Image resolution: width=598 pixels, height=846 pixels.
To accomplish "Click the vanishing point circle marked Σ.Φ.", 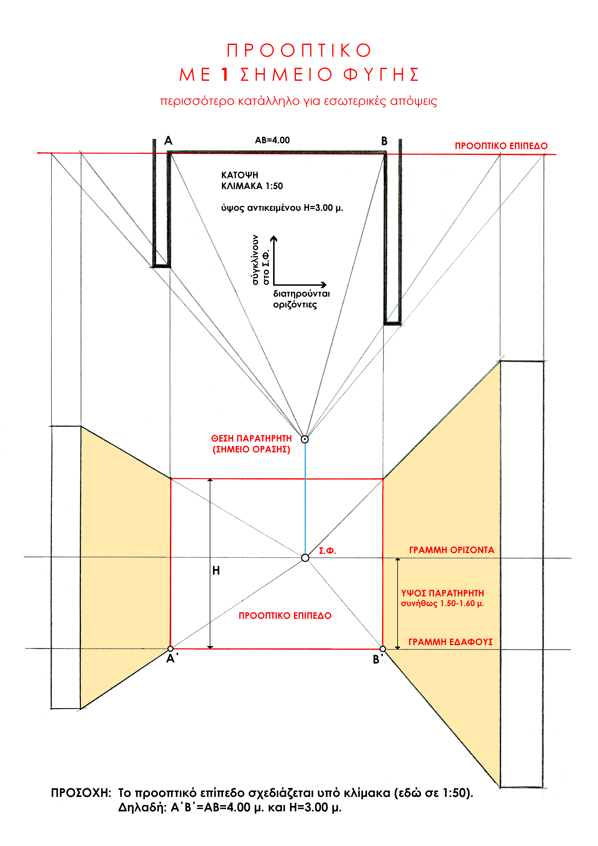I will tap(305, 557).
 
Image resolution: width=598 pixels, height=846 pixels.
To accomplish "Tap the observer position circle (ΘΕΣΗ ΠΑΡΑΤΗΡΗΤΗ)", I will tap(305, 439).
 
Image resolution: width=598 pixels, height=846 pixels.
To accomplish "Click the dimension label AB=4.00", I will tap(272, 140).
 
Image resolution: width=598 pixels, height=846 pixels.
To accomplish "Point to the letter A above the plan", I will tap(168, 141).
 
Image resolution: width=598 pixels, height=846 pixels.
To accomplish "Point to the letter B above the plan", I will tap(384, 141).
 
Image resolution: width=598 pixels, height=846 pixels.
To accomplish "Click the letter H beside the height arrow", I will tap(216, 571).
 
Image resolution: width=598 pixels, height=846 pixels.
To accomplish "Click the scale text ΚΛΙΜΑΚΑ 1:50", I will tap(252, 186).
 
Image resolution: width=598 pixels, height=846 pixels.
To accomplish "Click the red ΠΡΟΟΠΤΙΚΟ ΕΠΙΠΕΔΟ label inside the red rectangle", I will tap(285, 616).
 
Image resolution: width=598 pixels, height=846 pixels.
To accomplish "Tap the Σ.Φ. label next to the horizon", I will tap(327, 551).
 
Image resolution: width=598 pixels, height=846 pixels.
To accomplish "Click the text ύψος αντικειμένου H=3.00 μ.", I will tap(282, 208).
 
